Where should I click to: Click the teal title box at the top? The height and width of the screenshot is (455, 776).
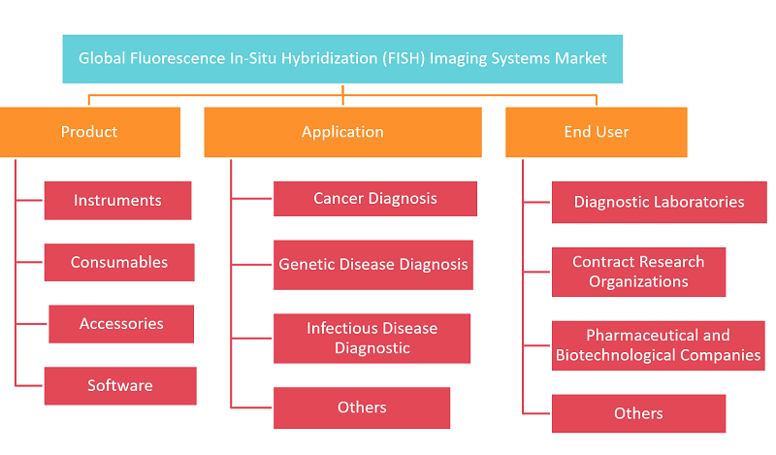[342, 59]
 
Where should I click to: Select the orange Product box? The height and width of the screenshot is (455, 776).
[89, 132]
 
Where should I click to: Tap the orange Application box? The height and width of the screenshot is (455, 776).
[343, 132]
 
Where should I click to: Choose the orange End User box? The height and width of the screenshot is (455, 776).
[597, 132]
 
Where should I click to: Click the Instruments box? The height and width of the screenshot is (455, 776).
[117, 201]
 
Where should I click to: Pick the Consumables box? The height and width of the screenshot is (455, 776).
[119, 262]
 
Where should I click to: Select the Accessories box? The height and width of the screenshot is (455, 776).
[121, 324]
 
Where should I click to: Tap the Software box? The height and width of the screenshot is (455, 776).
[120, 386]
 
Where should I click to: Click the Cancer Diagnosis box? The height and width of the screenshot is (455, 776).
[375, 199]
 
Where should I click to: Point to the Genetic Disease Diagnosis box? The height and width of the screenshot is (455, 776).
[373, 265]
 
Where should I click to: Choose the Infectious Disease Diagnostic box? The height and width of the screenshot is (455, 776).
[372, 339]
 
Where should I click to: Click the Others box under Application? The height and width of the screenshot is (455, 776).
[362, 407]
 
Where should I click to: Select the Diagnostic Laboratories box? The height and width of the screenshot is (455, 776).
[660, 202]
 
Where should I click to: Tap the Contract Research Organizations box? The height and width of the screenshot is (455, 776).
[639, 272]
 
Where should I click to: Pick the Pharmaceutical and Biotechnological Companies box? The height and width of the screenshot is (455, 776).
[659, 345]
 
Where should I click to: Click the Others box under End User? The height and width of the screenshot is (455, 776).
[639, 413]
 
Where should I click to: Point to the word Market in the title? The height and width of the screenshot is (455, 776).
[580, 58]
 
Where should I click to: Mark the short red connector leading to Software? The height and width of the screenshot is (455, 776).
[29, 385]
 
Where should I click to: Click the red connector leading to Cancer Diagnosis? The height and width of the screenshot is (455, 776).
[251, 199]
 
